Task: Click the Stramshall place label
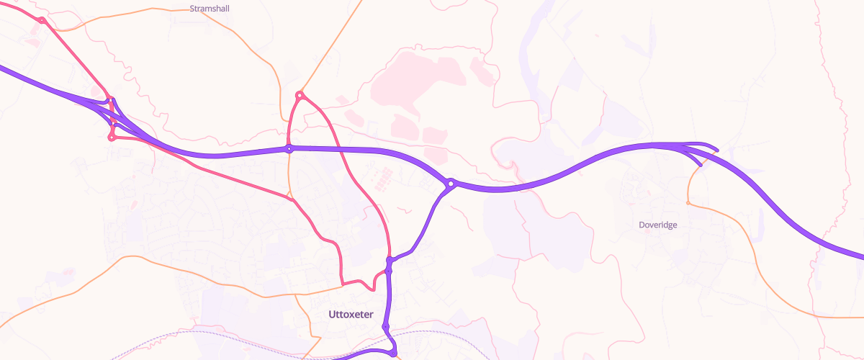pos(208,9)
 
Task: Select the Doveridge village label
pos(658,225)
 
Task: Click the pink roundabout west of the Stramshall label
pos(42,20)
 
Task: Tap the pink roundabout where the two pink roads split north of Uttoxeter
pos(300,95)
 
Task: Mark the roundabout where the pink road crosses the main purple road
pos(289,149)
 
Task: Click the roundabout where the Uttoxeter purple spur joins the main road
pos(451,184)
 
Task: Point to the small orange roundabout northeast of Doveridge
pos(688,203)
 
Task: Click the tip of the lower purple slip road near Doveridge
pos(701,166)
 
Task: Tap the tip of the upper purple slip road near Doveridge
pos(717,150)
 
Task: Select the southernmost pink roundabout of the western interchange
pos(112,137)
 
